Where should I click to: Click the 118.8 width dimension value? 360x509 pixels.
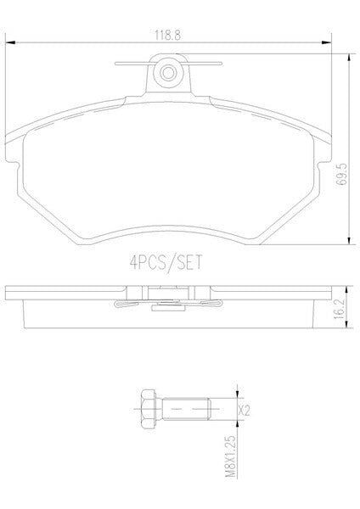coord(167,35)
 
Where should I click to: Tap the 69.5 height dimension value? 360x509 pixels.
coord(341,174)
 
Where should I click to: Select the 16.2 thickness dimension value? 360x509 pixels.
coord(339,310)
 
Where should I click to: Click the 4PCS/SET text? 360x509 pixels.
coord(166,262)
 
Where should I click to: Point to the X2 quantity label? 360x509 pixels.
coord(244,411)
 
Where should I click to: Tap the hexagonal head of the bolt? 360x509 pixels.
coord(148,409)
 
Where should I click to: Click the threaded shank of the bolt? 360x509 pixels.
coord(186,409)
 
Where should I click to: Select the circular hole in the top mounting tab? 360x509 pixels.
coord(168,73)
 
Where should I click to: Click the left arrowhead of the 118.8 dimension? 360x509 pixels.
coord(10,42)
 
